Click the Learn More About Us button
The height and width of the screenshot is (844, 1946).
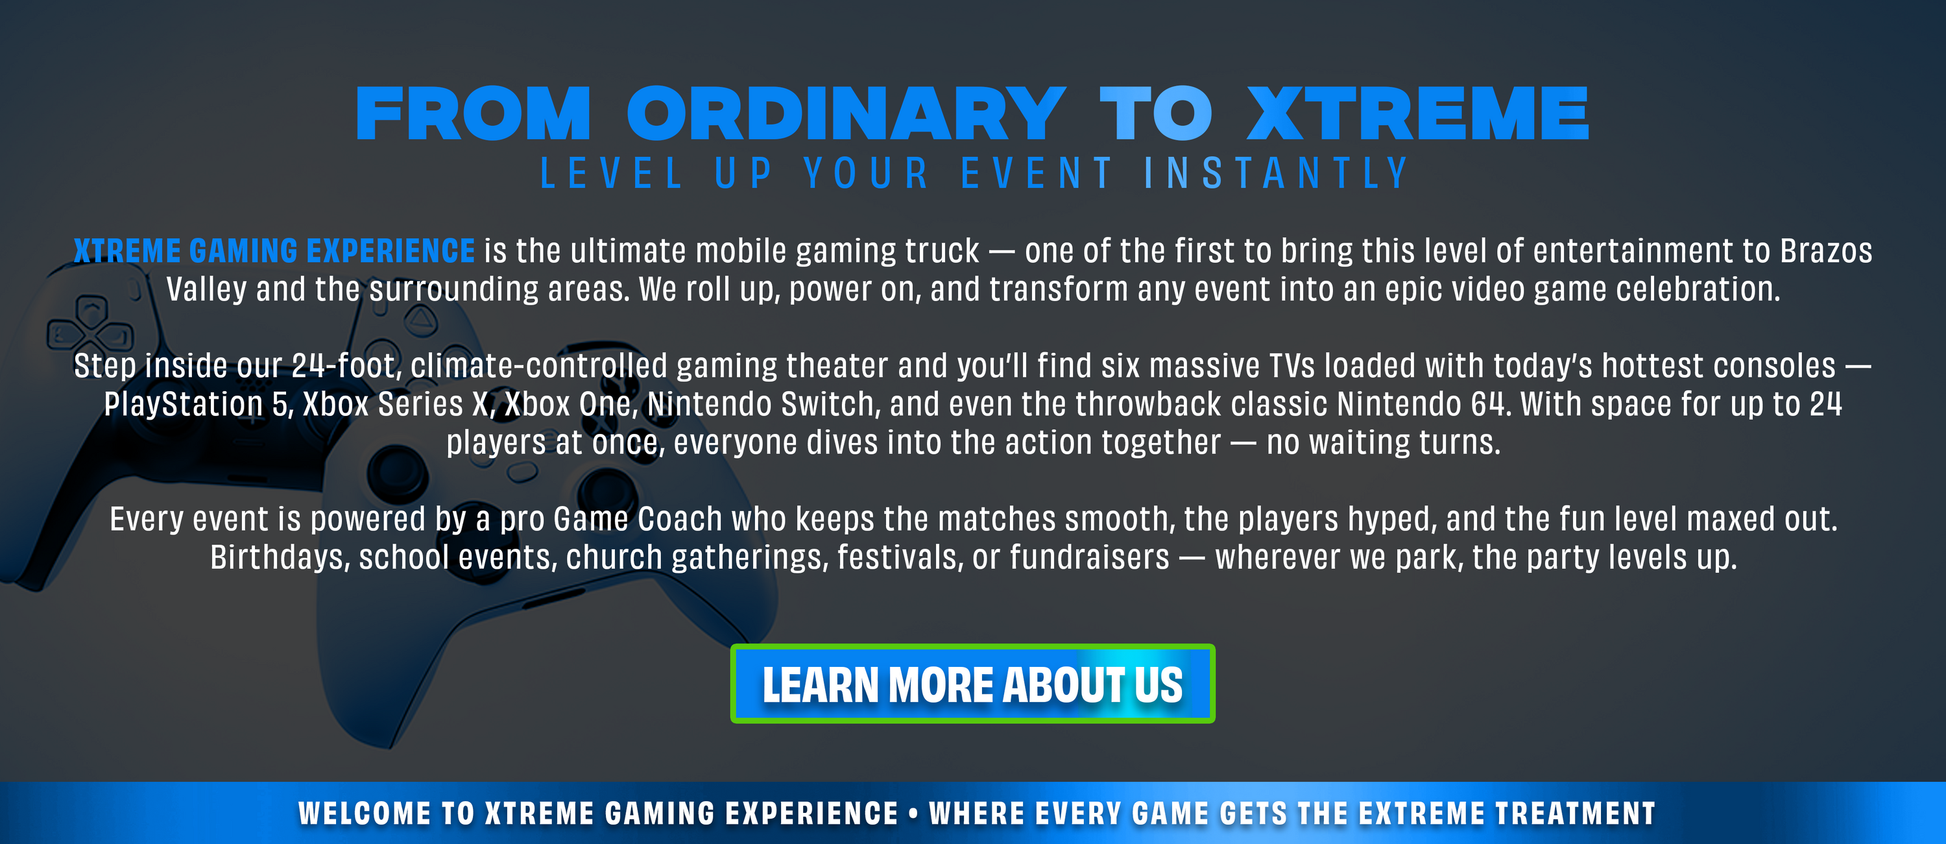[x=972, y=683]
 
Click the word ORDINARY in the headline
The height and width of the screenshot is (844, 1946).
[x=846, y=114]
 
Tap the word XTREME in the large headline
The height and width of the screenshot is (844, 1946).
[x=1417, y=114]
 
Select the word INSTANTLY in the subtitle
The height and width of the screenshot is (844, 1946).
[x=1276, y=173]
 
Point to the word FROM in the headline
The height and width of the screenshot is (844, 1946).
[x=473, y=114]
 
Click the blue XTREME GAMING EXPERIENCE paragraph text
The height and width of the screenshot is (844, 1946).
[x=274, y=251]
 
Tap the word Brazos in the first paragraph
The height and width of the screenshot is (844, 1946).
[x=1826, y=251]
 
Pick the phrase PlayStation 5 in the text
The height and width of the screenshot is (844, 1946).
[x=197, y=404]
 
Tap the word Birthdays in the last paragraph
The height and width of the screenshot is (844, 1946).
[x=278, y=558]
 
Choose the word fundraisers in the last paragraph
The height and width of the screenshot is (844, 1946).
[x=1089, y=558]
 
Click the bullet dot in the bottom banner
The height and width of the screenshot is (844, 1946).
[x=913, y=814]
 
